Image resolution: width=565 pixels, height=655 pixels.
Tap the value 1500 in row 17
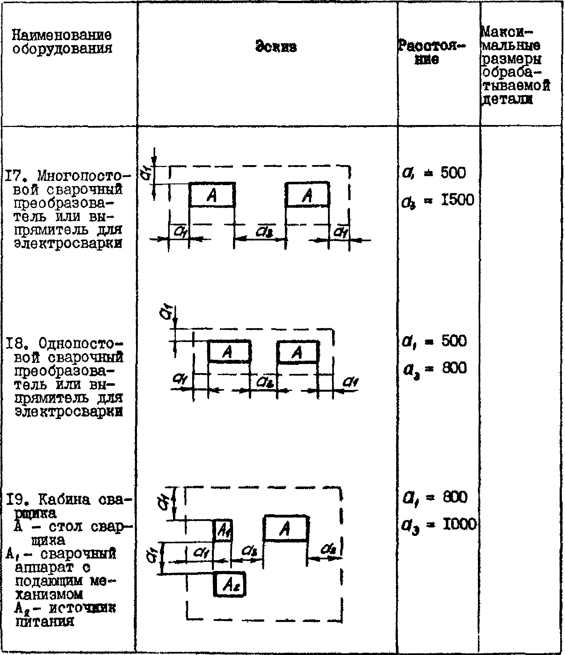(457, 200)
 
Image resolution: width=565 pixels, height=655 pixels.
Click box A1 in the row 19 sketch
(223, 530)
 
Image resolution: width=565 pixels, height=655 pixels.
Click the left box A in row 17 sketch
(212, 195)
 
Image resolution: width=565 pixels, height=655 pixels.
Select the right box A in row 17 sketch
(307, 195)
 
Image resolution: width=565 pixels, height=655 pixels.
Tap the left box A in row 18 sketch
(229, 351)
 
